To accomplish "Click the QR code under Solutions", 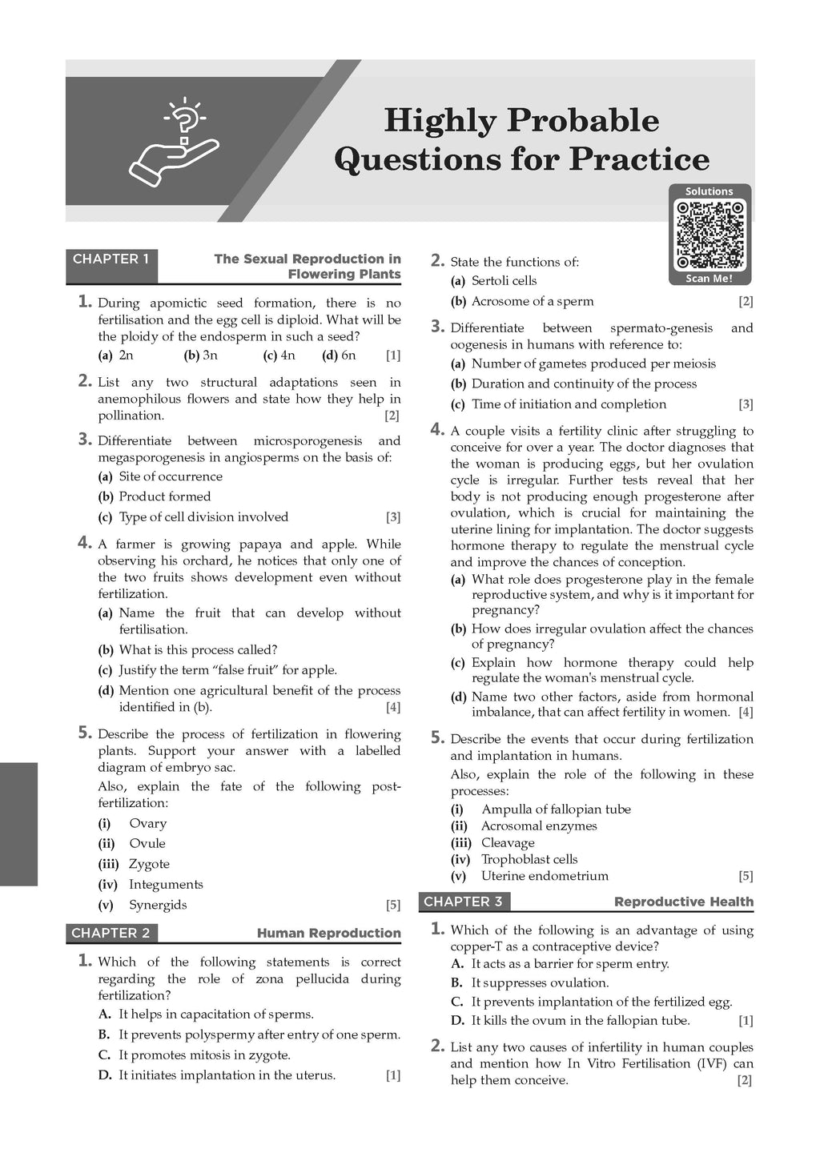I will click(710, 235).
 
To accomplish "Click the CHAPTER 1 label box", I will click(111, 259).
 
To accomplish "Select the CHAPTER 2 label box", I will click(111, 933).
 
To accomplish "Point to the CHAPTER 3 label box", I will click(464, 902).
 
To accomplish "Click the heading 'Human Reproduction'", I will click(328, 934).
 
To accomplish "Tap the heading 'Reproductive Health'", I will click(683, 902).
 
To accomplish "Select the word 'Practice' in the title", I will click(639, 159).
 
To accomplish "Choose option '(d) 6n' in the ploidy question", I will click(339, 356).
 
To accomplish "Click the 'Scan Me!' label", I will click(709, 279).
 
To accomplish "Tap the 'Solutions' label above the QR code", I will click(709, 191).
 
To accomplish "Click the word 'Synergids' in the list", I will click(158, 905).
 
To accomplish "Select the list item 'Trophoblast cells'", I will click(529, 859).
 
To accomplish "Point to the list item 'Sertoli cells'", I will click(504, 281).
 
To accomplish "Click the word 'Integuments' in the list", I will click(166, 885).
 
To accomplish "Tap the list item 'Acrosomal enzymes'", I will click(539, 826).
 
